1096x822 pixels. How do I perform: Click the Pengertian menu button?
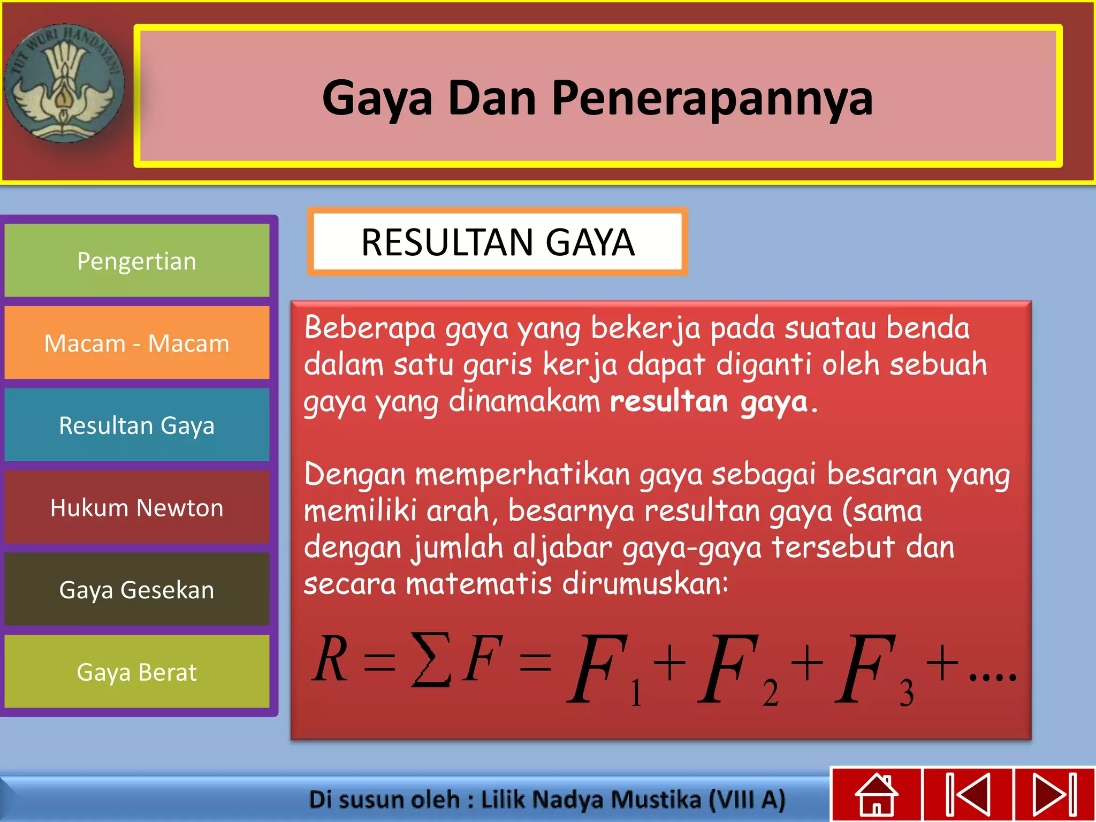coord(137,261)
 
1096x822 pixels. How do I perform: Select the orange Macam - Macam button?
coord(137,343)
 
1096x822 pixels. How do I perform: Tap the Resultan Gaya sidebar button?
coord(137,425)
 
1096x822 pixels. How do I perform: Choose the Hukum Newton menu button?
coord(137,507)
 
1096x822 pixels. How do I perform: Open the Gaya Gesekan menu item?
coord(137,590)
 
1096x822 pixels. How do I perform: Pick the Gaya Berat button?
coord(137,672)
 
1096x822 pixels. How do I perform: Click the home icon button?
coord(876,794)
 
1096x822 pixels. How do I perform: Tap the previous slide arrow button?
coord(968,794)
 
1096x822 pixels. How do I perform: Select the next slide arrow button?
coord(1055,794)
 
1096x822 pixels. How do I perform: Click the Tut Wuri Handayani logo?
coord(64,83)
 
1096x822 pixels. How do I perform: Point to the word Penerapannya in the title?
coord(712,98)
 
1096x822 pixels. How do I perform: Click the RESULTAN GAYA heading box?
coord(497,242)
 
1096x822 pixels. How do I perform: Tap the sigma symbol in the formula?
coord(430,659)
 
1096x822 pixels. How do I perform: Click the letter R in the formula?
coord(330,659)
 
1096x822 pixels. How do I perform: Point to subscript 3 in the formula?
coord(907,694)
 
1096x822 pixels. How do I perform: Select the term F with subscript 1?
coord(605,669)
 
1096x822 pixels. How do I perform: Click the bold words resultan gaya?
coord(709,401)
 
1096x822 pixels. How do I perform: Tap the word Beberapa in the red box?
coord(370,328)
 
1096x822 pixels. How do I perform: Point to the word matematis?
coord(478,583)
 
